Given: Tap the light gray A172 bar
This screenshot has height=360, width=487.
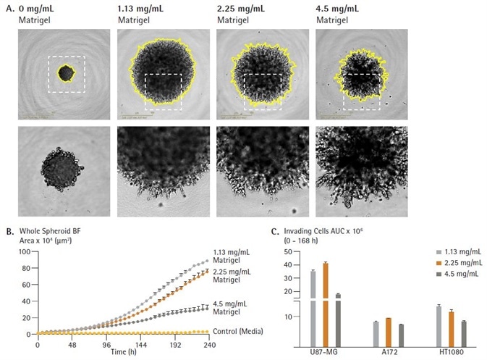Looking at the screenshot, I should point(376,335).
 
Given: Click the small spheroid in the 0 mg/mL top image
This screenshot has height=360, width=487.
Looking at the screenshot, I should point(66,73).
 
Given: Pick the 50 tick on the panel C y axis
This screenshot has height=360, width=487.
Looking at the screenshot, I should point(287,251).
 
